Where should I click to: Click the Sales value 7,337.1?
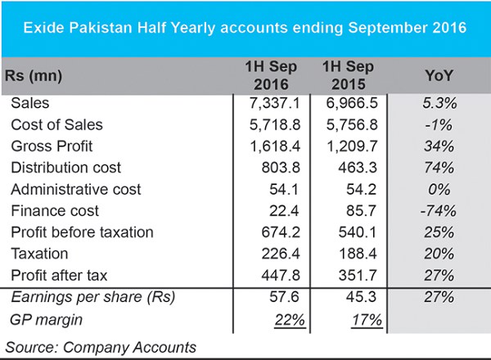pyautogui.click(x=275, y=103)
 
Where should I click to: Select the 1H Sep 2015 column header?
pyautogui.click(x=349, y=75)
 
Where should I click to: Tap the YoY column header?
pyautogui.click(x=439, y=75)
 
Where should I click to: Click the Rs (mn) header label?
pyautogui.click(x=34, y=76)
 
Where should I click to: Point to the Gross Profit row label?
pyautogui.click(x=52, y=146)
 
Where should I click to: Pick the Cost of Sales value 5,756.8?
pyautogui.click(x=352, y=125)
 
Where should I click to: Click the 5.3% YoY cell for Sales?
pyautogui.click(x=439, y=103)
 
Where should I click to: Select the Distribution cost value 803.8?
pyautogui.click(x=281, y=168)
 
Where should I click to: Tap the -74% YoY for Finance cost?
pyautogui.click(x=438, y=211)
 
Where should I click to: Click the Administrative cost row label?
pyautogui.click(x=76, y=189)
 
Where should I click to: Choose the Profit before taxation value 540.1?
pyautogui.click(x=358, y=232)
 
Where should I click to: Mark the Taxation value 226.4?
pyautogui.click(x=281, y=254)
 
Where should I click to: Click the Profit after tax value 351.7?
pyautogui.click(x=358, y=276)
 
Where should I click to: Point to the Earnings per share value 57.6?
pyautogui.click(x=284, y=297)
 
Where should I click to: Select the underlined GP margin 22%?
pyautogui.click(x=290, y=320)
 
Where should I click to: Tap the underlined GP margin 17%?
pyautogui.click(x=367, y=320)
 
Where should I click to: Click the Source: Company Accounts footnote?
pyautogui.click(x=101, y=348)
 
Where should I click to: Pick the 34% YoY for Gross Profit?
pyautogui.click(x=439, y=146)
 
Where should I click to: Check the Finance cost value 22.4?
pyautogui.click(x=284, y=211)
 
